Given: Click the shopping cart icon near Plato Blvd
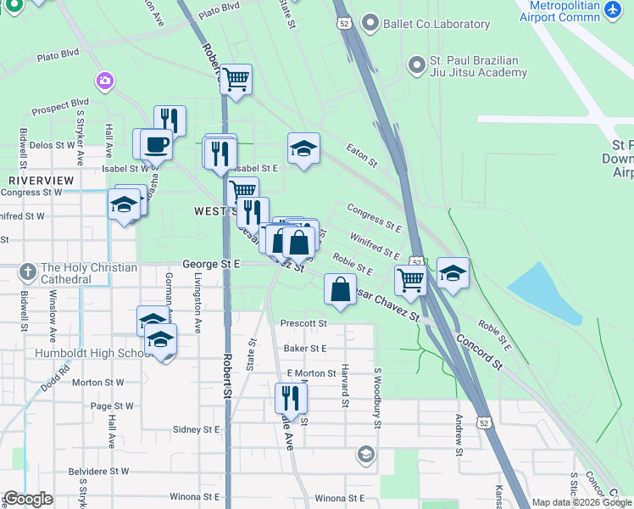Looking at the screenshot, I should [x=236, y=80].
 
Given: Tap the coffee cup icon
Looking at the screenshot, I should [x=155, y=144].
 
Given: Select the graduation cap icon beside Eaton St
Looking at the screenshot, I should [x=303, y=149].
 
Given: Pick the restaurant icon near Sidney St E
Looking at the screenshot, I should [x=291, y=398].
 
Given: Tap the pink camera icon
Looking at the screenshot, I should [x=105, y=81].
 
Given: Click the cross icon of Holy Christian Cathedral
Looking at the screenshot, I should [x=28, y=272].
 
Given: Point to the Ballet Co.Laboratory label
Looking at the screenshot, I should [x=437, y=24].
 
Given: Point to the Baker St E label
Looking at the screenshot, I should [x=305, y=348].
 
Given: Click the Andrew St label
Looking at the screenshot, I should [x=459, y=434].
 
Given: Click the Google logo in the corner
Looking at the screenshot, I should [x=28, y=499].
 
